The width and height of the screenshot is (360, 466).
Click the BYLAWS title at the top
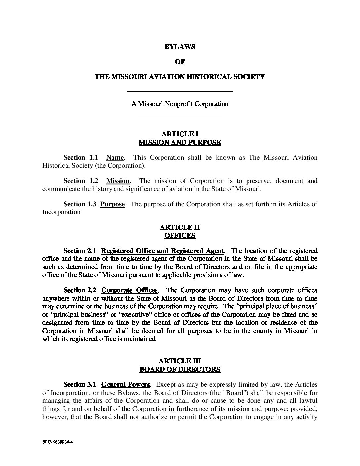[180, 47]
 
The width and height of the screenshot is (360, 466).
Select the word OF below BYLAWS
[180, 62]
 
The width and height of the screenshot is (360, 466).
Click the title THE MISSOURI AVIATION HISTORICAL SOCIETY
[180, 77]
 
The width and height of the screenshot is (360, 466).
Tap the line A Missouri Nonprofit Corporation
[180, 104]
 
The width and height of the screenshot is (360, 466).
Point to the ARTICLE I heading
[180, 134]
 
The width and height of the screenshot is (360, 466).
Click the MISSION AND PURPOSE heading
[180, 143]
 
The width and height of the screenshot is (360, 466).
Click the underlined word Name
[115, 158]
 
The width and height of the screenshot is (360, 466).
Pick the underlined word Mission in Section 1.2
[118, 181]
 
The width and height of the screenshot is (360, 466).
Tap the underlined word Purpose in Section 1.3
[112, 204]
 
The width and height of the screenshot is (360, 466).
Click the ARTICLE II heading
[180, 227]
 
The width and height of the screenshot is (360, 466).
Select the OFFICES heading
[180, 236]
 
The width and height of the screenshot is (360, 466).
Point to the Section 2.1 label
[79, 251]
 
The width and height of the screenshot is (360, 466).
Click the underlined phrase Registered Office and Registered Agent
[163, 251]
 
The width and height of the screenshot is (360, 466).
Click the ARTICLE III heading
[180, 361]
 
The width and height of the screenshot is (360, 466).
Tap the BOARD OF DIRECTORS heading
[180, 369]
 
